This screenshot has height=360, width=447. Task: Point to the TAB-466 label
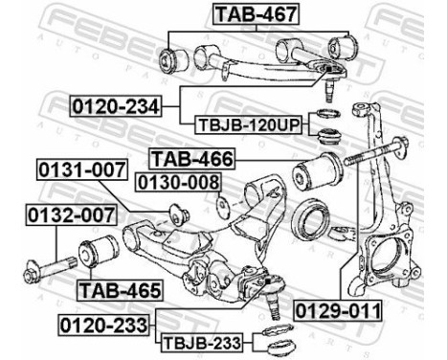(x=190, y=158)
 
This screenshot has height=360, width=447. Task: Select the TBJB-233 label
(x=198, y=342)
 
